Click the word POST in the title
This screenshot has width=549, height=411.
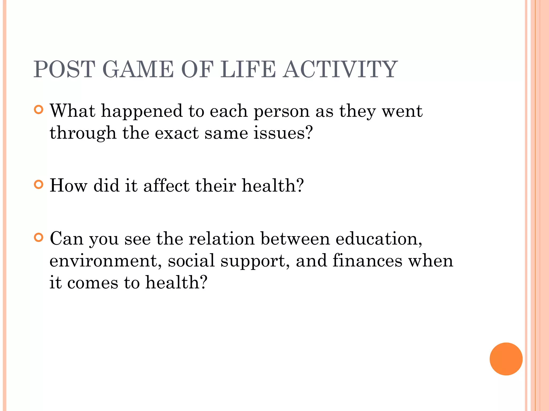[64, 69]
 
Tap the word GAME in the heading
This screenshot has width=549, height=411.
[138, 69]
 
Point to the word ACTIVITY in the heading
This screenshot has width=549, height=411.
[340, 69]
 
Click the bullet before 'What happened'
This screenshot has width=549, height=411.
[39, 110]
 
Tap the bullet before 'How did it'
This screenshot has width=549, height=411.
[39, 185]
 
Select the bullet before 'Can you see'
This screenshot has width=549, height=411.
[39, 238]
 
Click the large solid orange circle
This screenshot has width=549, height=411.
[506, 359]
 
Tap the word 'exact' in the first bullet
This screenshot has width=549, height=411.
[177, 133]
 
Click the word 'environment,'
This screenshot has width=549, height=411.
[106, 261]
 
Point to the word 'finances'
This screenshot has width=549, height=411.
[368, 261]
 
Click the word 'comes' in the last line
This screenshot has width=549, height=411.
[92, 283]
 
